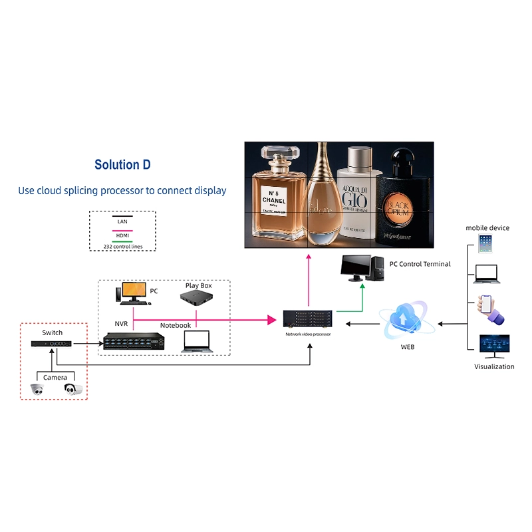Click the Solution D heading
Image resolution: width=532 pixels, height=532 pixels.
tap(122, 165)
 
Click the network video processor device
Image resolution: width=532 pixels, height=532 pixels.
tap(308, 320)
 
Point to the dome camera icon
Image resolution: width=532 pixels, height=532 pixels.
tap(37, 390)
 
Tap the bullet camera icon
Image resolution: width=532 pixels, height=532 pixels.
tap(73, 390)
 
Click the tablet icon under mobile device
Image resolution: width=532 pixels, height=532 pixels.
tap(485, 243)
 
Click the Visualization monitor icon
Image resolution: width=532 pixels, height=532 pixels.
tap(494, 346)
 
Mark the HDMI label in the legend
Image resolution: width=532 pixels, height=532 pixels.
tap(122, 234)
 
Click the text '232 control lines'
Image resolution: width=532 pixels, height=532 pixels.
tap(122, 246)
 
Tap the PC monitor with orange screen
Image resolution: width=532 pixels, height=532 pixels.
tap(132, 292)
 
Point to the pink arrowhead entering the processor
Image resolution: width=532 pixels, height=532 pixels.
tap(271, 320)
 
